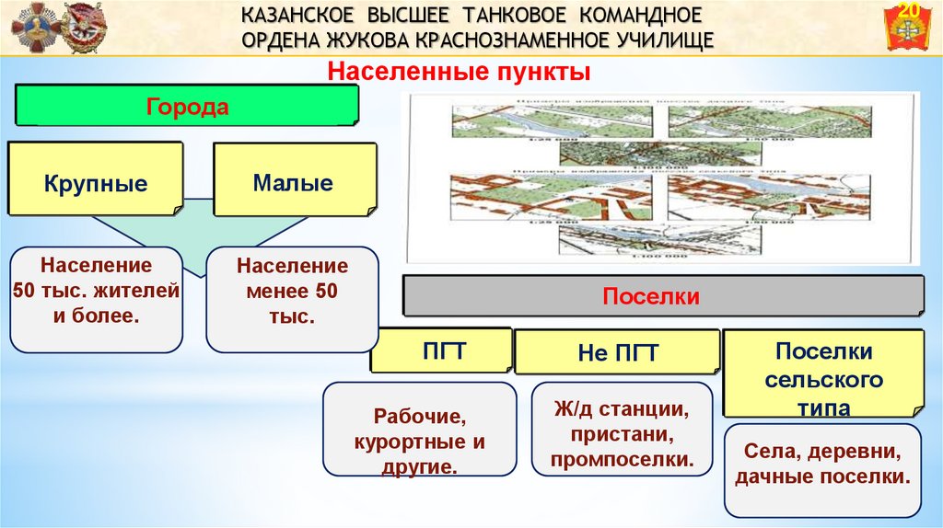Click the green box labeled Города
[187, 106]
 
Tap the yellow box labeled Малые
[294, 179]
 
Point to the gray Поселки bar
[663, 296]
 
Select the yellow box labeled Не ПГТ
[617, 352]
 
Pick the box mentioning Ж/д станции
[621, 430]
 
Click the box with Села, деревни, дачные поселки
[823, 467]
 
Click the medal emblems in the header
[58, 29]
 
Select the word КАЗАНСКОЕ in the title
[297, 16]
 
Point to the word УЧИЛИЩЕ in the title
[660, 40]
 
